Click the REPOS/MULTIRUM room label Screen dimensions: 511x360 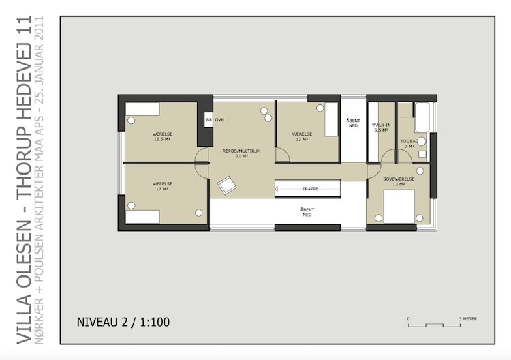coord(241,153)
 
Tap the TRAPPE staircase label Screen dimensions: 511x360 coord(310,188)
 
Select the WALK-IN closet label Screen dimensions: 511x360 coord(381,127)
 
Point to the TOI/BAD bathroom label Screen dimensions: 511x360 coord(409,144)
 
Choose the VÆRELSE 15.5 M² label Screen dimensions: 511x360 coord(162,136)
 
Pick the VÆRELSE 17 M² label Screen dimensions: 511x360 coord(162,186)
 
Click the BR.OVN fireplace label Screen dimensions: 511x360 coord(215,120)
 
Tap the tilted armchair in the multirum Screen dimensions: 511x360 coord(227,185)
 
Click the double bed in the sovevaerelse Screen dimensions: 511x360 coord(399,207)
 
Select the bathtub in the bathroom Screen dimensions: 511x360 coord(422,117)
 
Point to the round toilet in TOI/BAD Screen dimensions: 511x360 coord(421,142)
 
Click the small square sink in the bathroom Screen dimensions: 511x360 coord(422,155)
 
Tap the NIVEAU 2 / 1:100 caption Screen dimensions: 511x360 coord(123,322)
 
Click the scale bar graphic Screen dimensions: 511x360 coord(434,325)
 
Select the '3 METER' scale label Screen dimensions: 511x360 coord(468,319)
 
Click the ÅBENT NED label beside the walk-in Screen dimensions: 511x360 coord(353,123)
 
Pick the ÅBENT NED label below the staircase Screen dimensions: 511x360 coord(307,212)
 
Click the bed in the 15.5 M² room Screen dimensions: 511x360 coord(142,109)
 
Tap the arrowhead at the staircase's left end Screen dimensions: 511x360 coord(277,188)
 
